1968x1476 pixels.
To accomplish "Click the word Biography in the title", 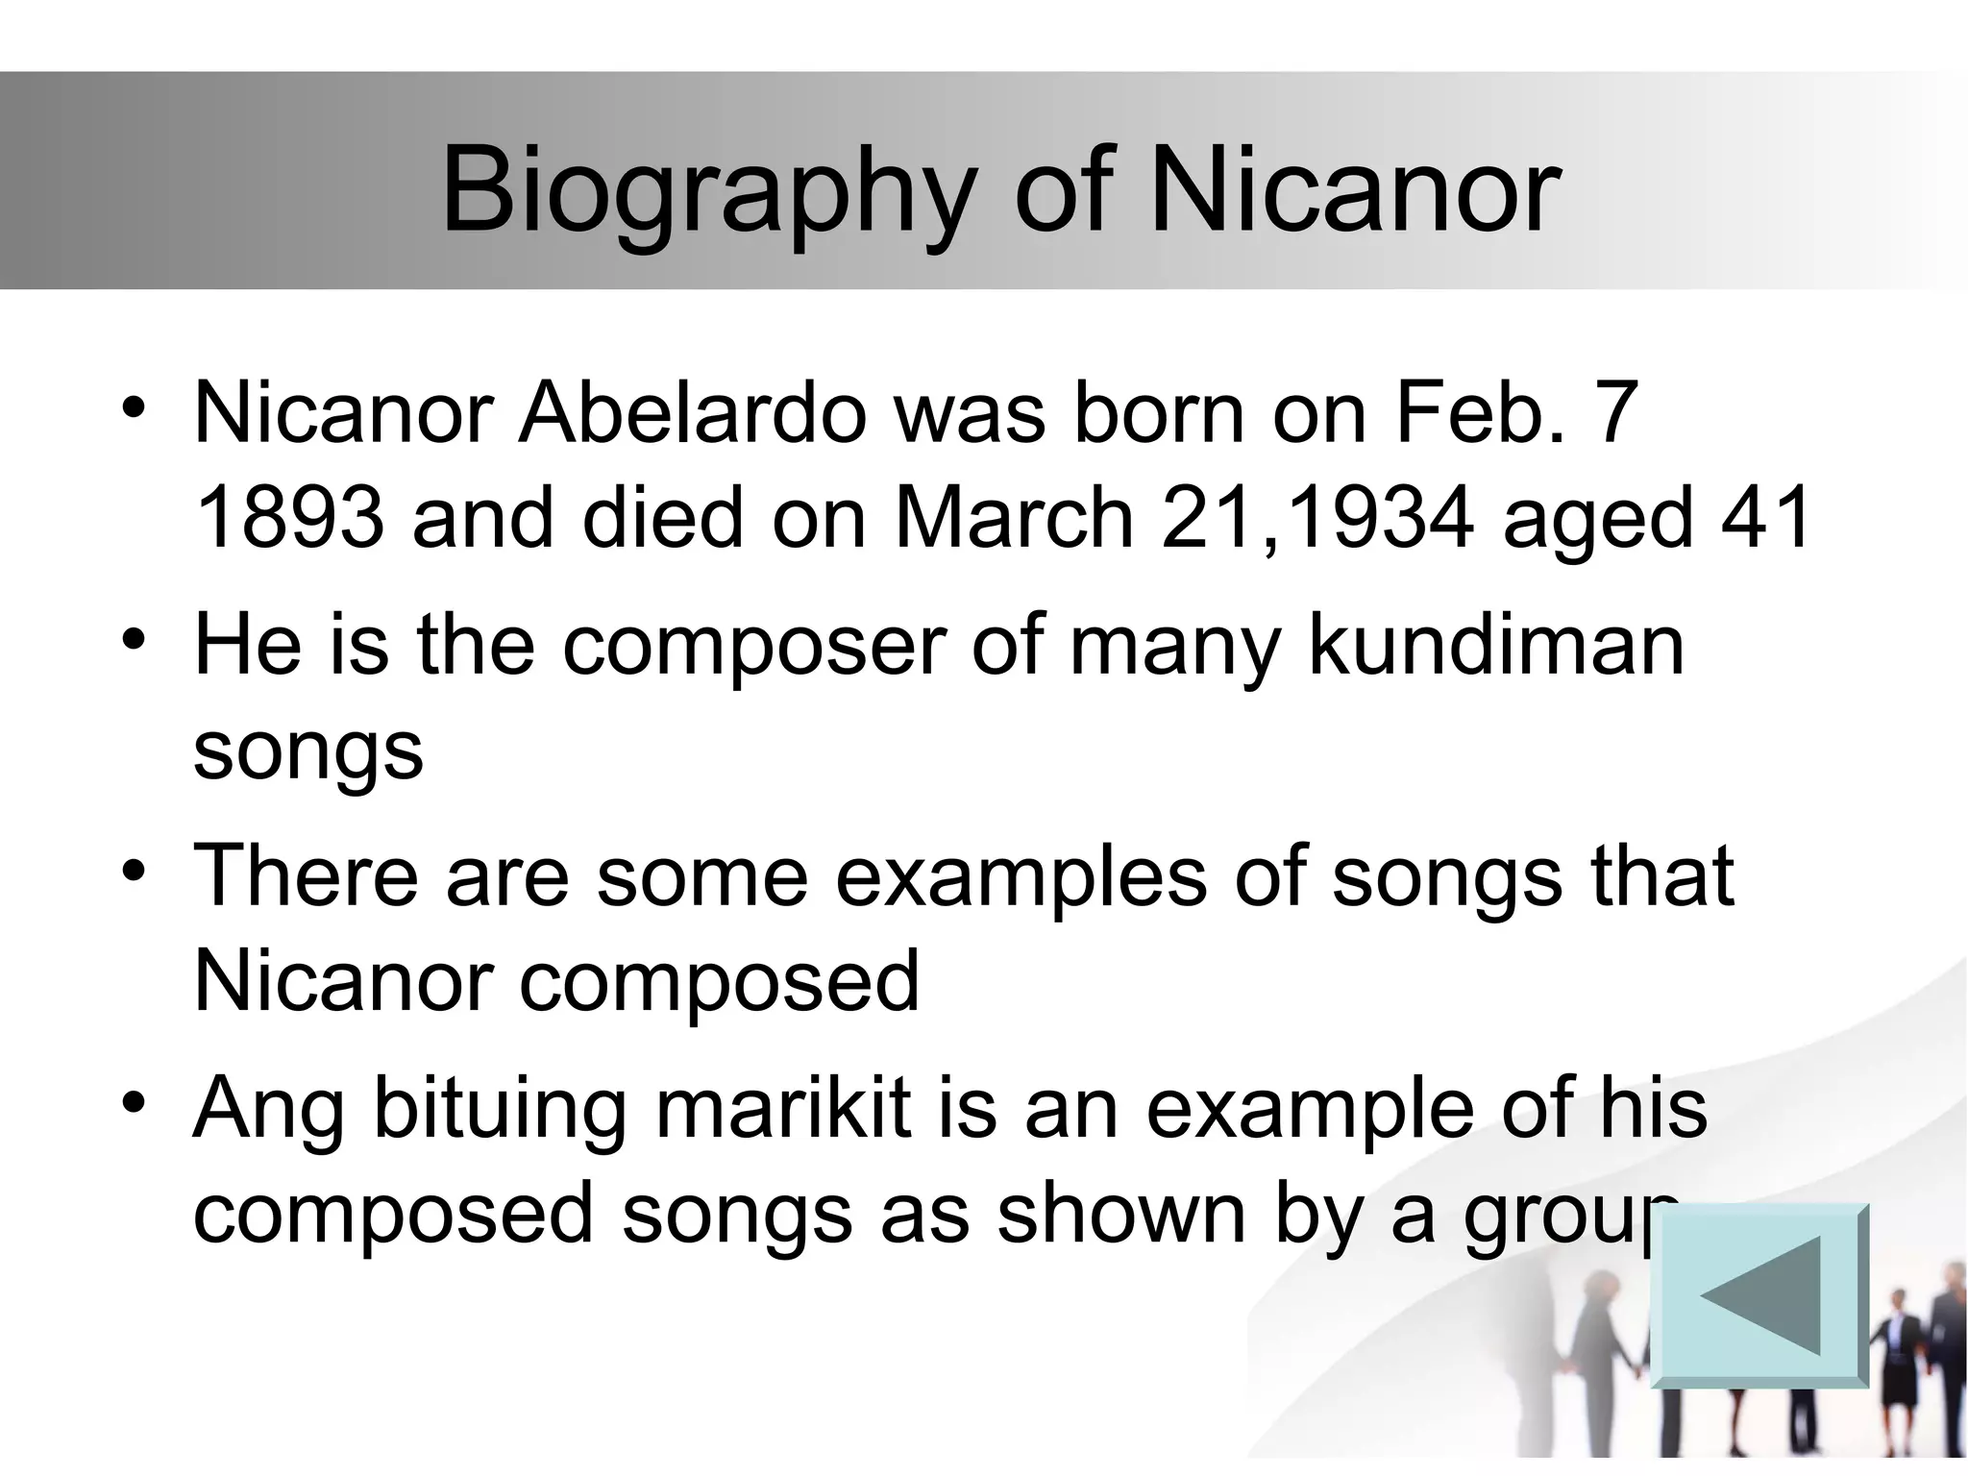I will tap(708, 190).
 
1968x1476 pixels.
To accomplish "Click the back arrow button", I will tap(1759, 1294).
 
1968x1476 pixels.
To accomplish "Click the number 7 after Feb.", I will tap(1618, 413).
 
